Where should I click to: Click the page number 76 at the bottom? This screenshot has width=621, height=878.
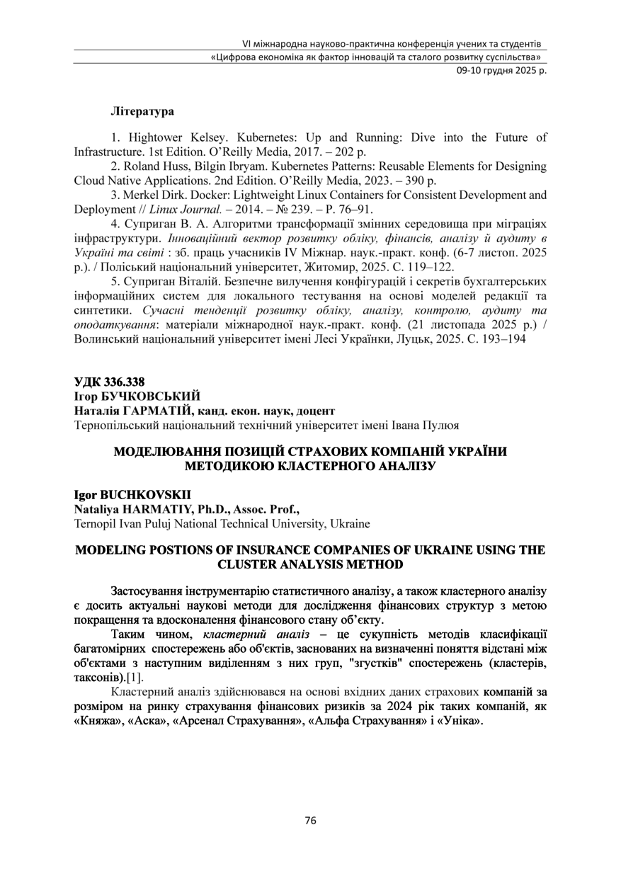coord(310,821)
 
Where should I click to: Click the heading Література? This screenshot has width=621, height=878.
coord(142,112)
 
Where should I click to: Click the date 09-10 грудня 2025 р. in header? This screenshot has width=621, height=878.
coord(501,70)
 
